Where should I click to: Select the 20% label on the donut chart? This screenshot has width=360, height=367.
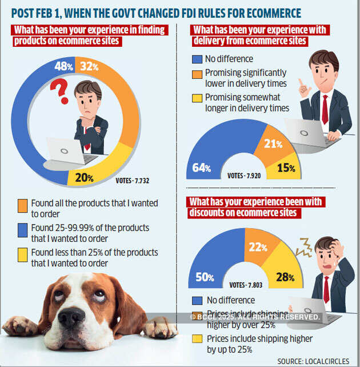coord(84,178)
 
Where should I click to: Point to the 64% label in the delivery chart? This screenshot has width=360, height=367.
coord(201,168)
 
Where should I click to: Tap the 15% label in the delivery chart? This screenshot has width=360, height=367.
coord(286,169)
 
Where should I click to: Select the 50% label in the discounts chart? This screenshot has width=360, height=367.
coord(204,278)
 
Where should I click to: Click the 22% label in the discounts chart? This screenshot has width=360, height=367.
coord(258,247)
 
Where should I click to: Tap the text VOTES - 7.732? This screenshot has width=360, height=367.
coord(131,181)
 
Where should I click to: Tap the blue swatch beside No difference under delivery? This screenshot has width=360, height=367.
coord(198,58)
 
